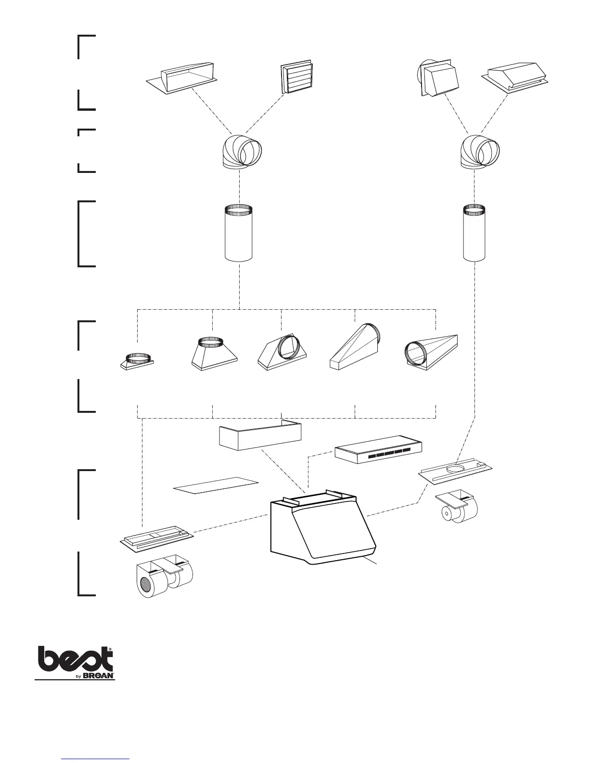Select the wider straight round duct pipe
(239, 233)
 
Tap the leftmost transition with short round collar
(137, 362)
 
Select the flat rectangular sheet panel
(216, 486)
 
